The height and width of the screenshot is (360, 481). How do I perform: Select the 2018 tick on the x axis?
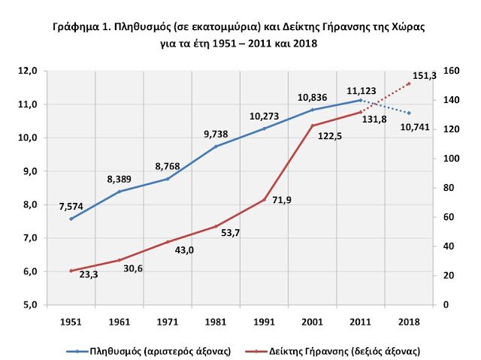[409, 322]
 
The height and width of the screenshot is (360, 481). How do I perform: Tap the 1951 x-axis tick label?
[71, 322]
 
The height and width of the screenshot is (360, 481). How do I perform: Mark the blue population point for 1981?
[216, 146]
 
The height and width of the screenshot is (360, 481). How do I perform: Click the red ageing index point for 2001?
[313, 126]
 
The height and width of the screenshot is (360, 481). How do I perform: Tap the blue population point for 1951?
[71, 219]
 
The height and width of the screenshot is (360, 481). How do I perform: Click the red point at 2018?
[409, 83]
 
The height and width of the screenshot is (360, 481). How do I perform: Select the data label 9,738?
[216, 134]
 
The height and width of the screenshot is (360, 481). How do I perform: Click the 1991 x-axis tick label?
[264, 322]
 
